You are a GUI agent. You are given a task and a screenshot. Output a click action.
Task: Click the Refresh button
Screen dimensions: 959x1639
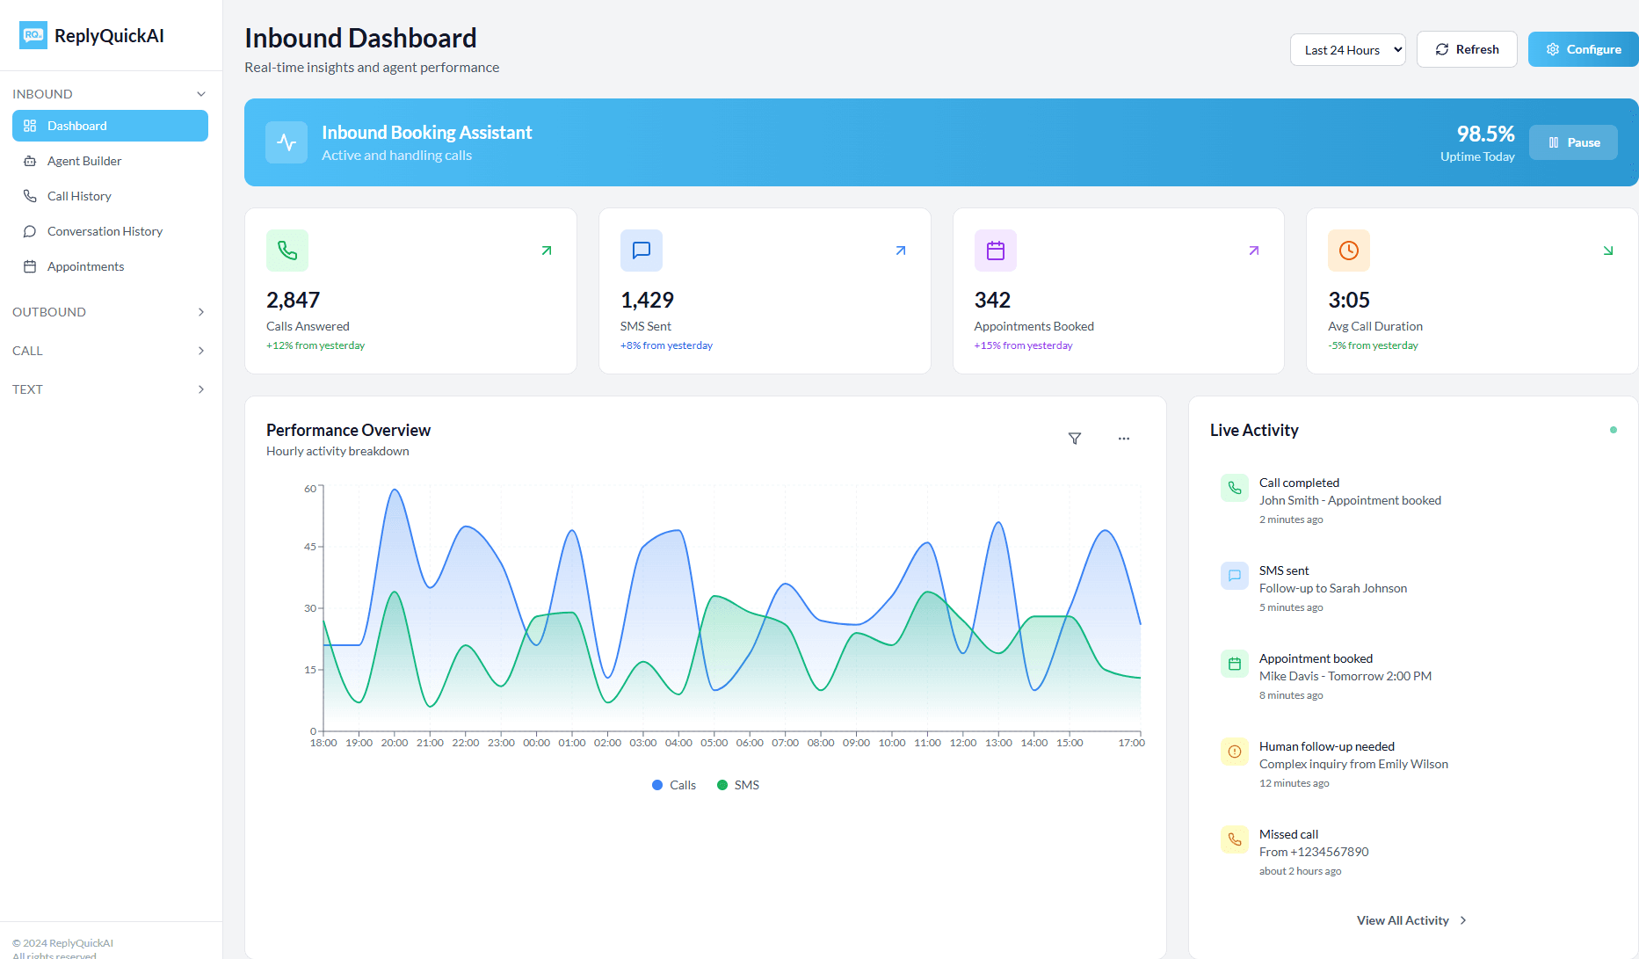[x=1467, y=49]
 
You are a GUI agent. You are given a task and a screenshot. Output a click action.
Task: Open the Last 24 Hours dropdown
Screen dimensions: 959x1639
[x=1347, y=50]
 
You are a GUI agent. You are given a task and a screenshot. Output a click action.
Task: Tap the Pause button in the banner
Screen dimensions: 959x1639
[x=1573, y=142]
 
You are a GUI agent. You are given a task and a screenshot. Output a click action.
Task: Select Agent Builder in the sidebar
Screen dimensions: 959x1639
[x=84, y=161]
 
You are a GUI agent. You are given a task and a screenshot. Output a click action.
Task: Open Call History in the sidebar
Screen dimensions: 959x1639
[x=79, y=196]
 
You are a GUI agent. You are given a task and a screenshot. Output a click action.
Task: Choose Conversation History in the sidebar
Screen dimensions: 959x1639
[x=105, y=231]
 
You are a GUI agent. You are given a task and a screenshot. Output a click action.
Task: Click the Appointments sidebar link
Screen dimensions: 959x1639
[x=85, y=266]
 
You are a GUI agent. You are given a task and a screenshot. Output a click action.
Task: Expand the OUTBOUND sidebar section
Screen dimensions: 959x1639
[x=109, y=312]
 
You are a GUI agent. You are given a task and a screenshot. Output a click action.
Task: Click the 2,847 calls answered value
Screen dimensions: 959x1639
[x=293, y=301]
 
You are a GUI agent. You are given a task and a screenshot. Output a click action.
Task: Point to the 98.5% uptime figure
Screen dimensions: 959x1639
[x=1485, y=134]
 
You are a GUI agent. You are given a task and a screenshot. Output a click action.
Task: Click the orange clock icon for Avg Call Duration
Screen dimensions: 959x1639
[x=1348, y=251]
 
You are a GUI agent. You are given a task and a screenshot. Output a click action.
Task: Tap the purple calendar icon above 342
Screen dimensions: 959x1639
[x=995, y=251]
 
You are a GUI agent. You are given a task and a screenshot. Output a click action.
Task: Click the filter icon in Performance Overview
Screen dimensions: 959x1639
[x=1074, y=439]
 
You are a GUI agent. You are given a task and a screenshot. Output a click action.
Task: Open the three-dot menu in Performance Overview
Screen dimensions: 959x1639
[x=1123, y=439]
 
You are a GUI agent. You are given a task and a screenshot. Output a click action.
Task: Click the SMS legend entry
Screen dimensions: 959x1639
[x=738, y=785]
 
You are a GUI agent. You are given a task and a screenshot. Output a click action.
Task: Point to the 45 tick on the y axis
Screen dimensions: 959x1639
[x=310, y=547]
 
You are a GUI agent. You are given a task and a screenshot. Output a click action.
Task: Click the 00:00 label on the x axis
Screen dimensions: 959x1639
[x=536, y=743]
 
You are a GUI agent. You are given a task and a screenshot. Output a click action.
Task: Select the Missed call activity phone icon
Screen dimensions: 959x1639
[x=1234, y=839]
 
